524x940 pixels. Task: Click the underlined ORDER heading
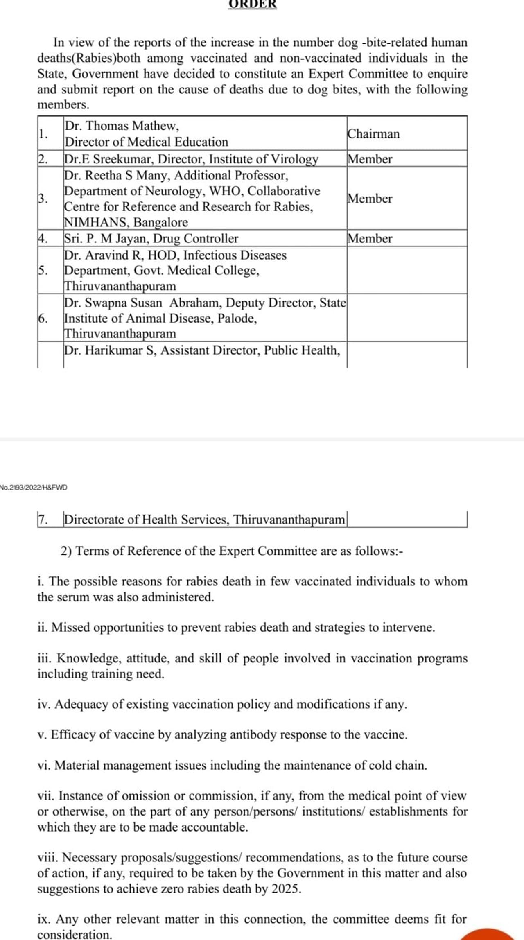pyautogui.click(x=253, y=4)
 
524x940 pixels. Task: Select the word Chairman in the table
pyautogui.click(x=373, y=134)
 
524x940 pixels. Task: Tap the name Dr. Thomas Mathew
pyautogui.click(x=122, y=125)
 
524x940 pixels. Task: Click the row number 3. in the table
pyautogui.click(x=43, y=199)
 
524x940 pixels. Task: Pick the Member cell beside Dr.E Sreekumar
pyautogui.click(x=370, y=159)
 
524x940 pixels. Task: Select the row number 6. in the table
pyautogui.click(x=43, y=318)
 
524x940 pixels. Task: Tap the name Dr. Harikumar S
pyautogui.click(x=111, y=350)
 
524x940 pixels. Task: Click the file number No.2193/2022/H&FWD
pyautogui.click(x=34, y=488)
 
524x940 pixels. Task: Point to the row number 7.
pyautogui.click(x=43, y=520)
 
